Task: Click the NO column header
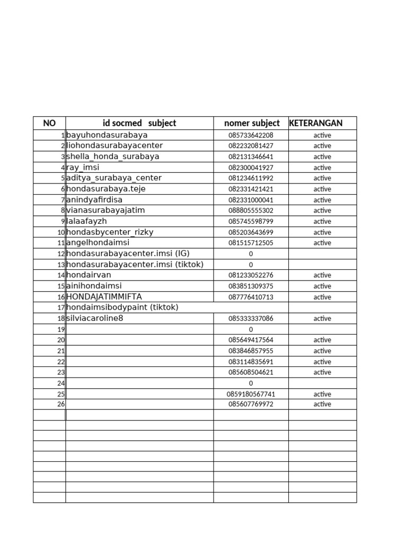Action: (x=49, y=123)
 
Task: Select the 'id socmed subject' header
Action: (x=139, y=123)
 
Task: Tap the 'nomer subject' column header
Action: (x=252, y=123)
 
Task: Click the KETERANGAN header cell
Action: (x=316, y=123)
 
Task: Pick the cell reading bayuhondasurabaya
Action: (x=107, y=135)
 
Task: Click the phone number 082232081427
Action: (x=251, y=146)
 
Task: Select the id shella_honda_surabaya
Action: (x=112, y=156)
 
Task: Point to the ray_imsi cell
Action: (x=83, y=167)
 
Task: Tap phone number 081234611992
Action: (x=251, y=178)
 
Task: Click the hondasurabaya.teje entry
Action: (x=106, y=189)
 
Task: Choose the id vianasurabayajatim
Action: (x=105, y=210)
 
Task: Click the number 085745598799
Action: (x=251, y=221)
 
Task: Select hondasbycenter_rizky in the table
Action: (x=110, y=232)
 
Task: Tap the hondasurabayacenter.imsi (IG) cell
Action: (x=128, y=253)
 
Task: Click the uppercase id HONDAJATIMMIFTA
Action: (x=104, y=296)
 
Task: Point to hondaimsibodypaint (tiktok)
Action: (x=122, y=307)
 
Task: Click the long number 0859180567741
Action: (x=251, y=394)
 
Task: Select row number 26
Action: (x=61, y=404)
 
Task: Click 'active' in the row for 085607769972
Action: (x=322, y=404)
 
